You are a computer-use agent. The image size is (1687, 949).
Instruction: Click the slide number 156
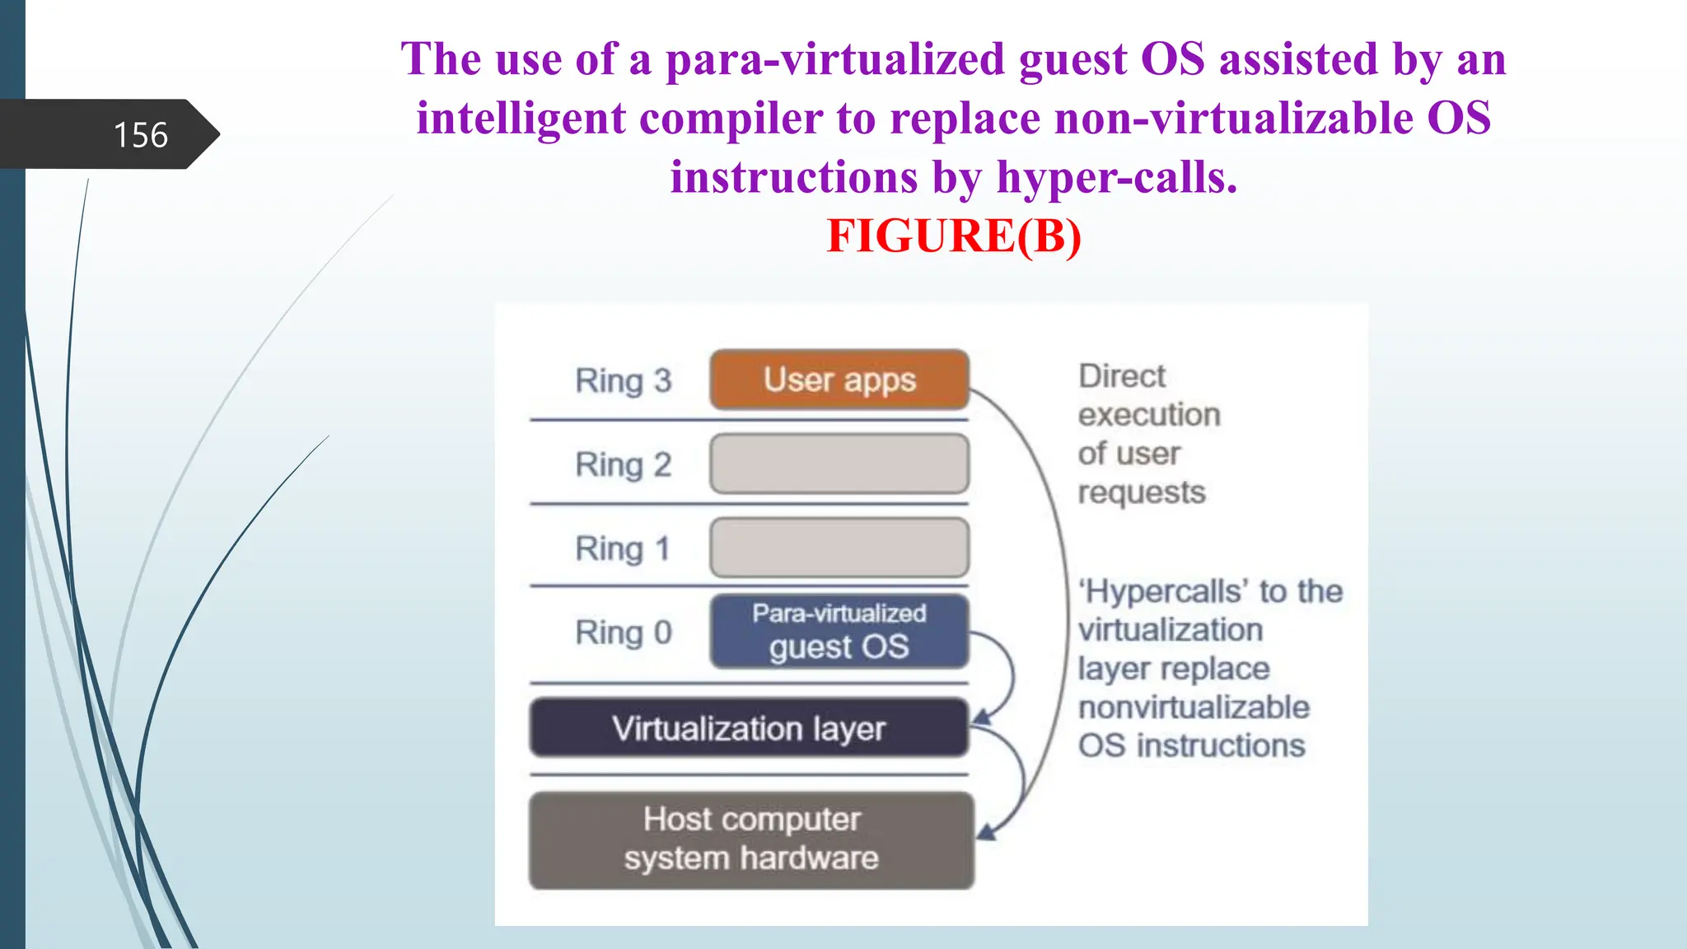coord(140,135)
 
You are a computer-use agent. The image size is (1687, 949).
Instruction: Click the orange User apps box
coord(839,380)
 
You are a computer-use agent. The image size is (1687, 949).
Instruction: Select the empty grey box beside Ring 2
coord(839,464)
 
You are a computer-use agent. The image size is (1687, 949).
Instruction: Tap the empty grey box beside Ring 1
coord(839,548)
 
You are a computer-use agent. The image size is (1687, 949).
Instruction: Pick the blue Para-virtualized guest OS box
coord(839,632)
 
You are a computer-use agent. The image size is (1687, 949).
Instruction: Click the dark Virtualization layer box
coord(748,728)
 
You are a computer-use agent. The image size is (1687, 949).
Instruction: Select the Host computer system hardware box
coord(750,839)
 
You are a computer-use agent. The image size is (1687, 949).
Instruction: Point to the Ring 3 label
coord(623,381)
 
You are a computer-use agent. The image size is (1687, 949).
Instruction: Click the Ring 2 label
coord(623,465)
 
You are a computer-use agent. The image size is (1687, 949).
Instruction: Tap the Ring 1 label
coord(623,549)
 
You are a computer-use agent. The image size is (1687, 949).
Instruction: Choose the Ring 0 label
coord(623,633)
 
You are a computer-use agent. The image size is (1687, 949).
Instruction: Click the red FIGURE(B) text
coord(953,236)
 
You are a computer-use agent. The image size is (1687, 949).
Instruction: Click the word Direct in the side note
coord(1121,376)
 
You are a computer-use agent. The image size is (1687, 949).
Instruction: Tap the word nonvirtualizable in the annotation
coord(1193,707)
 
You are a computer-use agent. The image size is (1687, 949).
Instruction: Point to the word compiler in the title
coord(731,118)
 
